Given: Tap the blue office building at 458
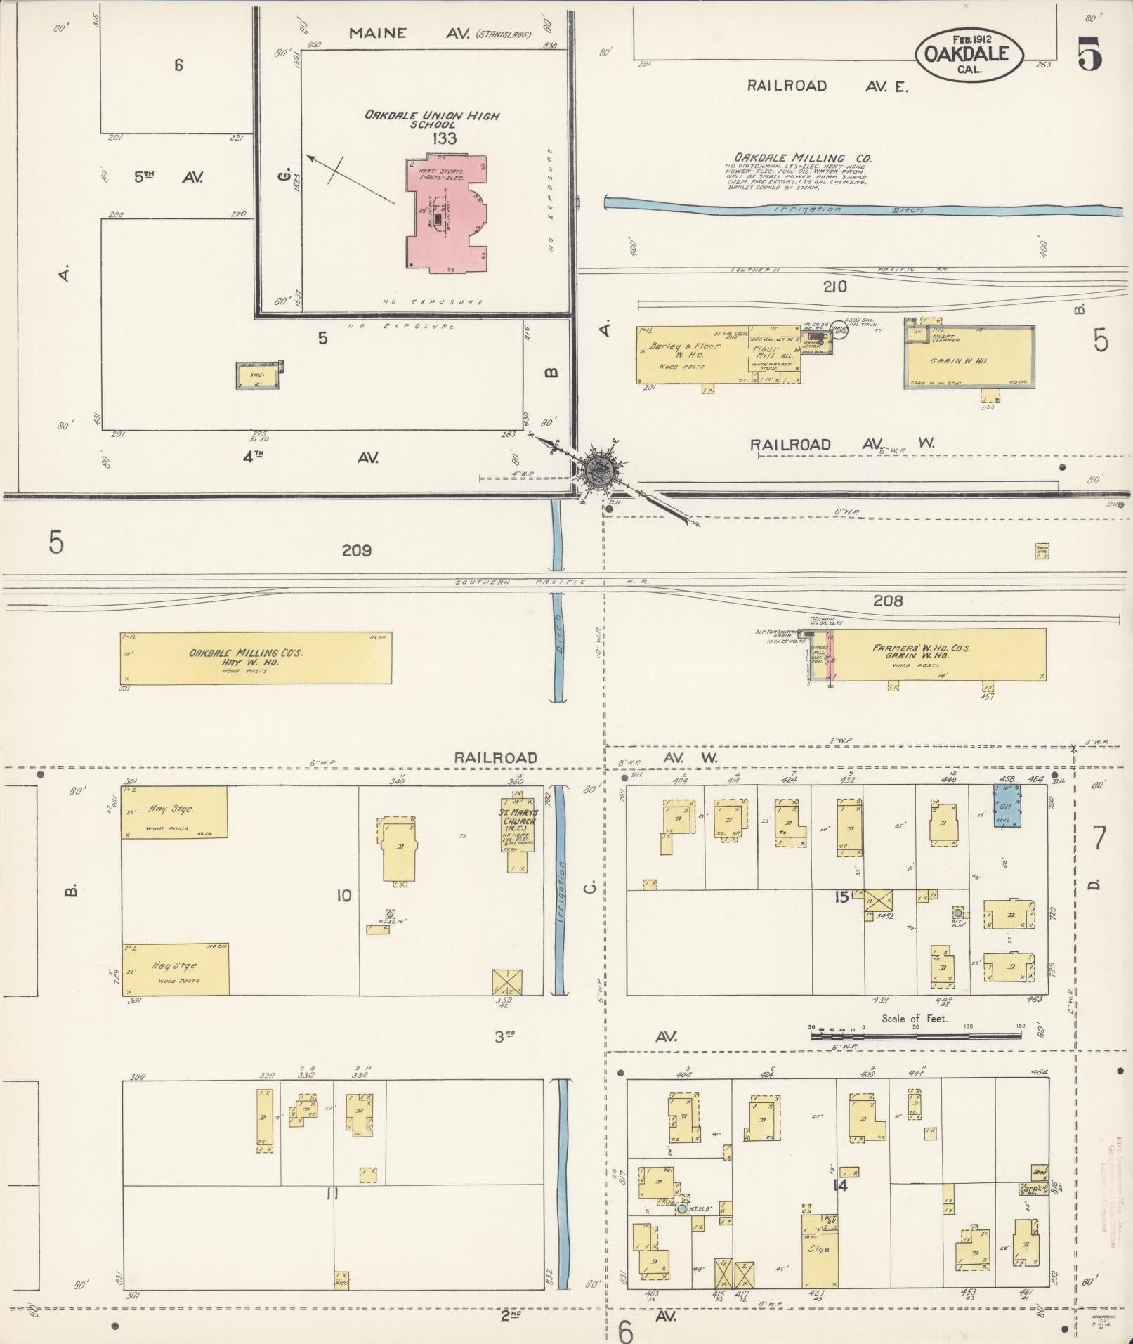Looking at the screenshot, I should click(x=1007, y=804).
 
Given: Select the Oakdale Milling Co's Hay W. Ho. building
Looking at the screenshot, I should click(x=256, y=658).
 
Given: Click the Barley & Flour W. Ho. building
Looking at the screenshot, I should click(x=692, y=355).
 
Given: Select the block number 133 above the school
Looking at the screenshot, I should click(x=444, y=139).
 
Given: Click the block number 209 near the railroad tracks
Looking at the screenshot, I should click(x=356, y=551).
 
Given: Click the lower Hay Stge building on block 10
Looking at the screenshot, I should click(x=175, y=969).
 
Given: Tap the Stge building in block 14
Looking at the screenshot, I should click(x=818, y=1248).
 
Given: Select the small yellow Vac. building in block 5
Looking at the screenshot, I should click(x=256, y=377).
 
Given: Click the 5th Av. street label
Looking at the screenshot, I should click(x=168, y=178).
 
